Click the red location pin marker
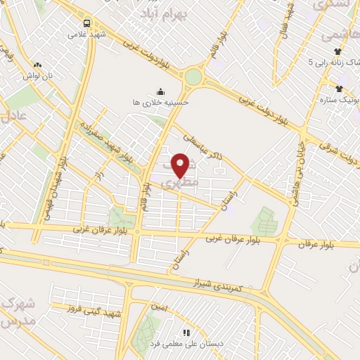point(181,165)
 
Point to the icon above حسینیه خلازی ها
point(160,91)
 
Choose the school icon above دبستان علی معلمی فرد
point(186,333)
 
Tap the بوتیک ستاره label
point(338,100)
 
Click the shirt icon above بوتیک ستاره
point(339,89)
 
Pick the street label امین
point(160,307)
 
